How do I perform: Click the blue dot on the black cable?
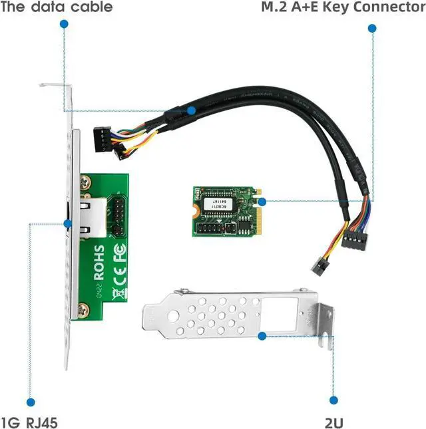tap(191, 110)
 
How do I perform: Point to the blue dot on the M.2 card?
tap(262, 201)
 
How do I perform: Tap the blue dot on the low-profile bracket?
tap(262, 337)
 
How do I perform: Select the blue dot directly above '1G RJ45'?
tap(29, 401)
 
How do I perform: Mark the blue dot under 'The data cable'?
tap(64, 23)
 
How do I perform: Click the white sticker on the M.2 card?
tap(217, 204)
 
